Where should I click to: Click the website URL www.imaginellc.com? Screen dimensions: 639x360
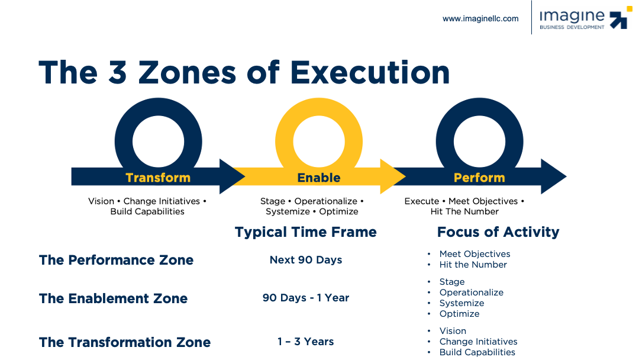tap(480, 19)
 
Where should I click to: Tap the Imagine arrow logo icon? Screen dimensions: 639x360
tap(620, 18)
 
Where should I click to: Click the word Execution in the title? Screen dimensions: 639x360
tap(370, 73)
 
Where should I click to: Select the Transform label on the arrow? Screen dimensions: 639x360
tap(158, 178)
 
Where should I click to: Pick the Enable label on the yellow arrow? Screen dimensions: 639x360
tap(319, 178)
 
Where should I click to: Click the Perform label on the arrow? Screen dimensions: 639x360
tap(479, 178)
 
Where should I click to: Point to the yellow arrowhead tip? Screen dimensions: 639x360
tap(405, 176)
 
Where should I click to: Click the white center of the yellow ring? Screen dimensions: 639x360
tap(319, 142)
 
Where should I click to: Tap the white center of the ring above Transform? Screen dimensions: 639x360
tap(158, 142)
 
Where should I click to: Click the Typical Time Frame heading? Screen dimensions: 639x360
tap(306, 232)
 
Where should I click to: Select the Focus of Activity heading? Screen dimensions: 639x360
tap(498, 232)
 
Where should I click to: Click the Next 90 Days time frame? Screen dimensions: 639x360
tap(306, 260)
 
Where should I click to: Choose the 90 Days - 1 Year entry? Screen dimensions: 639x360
tap(306, 298)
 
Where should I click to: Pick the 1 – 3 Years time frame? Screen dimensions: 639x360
tap(306, 342)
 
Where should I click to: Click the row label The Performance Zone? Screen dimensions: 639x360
tap(116, 260)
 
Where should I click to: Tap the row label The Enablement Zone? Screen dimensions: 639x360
tap(113, 298)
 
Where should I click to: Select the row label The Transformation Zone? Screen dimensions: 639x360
tap(125, 342)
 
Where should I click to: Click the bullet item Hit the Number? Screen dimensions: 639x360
tap(473, 265)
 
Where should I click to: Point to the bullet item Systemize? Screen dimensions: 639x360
tap(461, 303)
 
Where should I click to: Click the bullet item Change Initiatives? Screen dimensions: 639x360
tap(478, 342)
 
